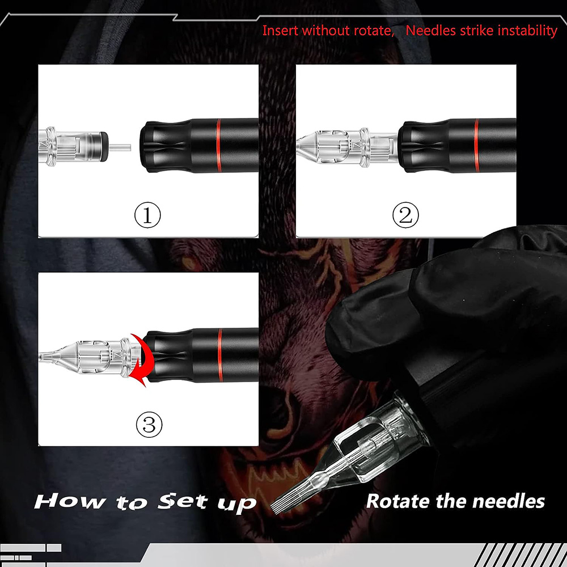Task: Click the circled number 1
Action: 147,215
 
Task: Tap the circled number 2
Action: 405,215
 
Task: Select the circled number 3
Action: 149,424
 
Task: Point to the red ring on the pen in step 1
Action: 218,145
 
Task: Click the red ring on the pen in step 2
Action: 477,145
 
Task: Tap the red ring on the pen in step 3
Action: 219,355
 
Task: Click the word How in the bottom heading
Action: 70,502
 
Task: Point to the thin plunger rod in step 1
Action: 120,147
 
